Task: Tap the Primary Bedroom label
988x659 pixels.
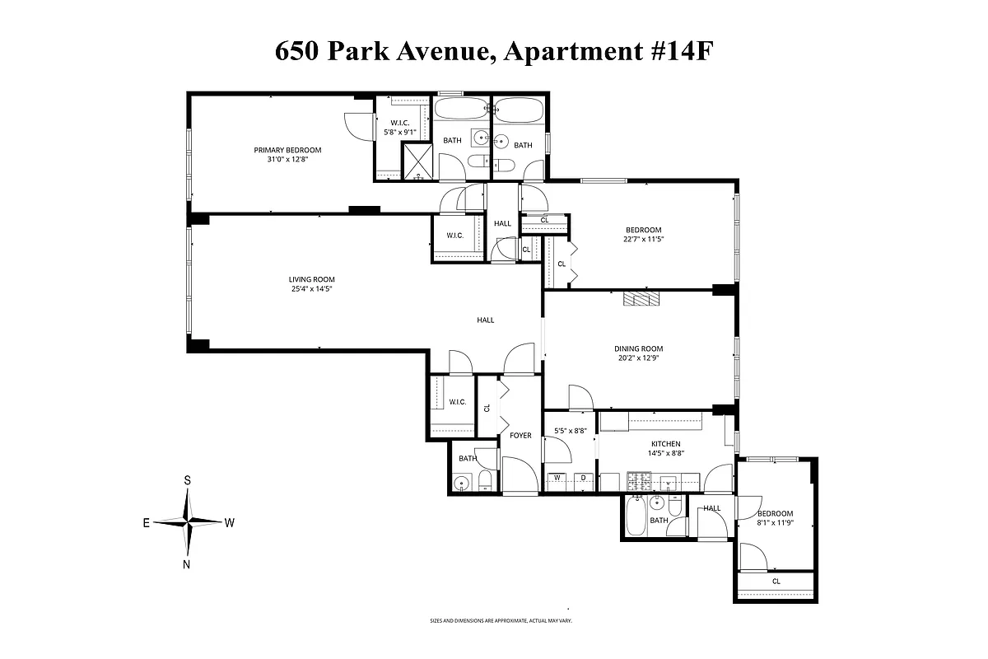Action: pos(287,150)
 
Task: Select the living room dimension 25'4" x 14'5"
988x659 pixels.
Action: pos(310,289)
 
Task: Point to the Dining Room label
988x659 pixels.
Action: pos(638,348)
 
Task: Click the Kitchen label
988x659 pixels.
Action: pos(666,443)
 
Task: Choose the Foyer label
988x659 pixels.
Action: pos(520,435)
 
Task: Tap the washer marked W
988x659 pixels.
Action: pos(557,478)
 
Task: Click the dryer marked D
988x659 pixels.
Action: pos(583,478)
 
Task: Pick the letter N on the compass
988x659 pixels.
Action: pos(187,564)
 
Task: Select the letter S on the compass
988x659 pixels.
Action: pos(188,479)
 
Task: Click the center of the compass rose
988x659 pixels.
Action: pos(189,522)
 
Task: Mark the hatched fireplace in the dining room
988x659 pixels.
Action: pos(641,299)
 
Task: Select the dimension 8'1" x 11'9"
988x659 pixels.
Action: pos(775,522)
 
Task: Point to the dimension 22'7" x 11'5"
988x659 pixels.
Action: pos(643,240)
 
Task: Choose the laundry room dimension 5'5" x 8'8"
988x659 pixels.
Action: pos(570,430)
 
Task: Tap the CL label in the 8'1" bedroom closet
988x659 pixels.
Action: pos(776,581)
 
